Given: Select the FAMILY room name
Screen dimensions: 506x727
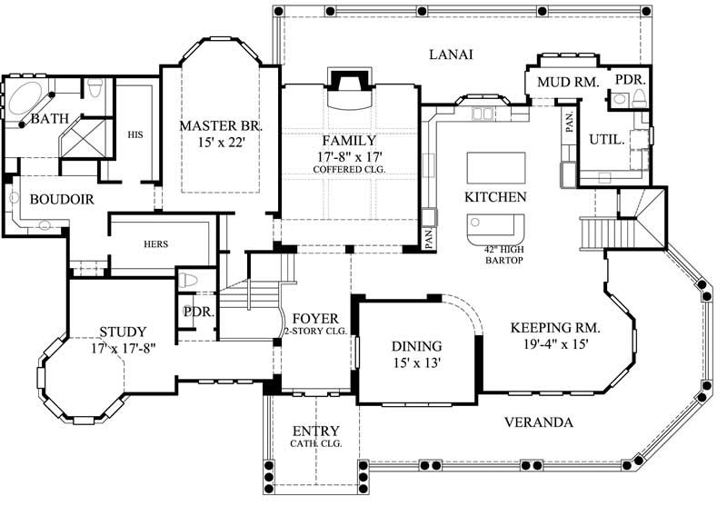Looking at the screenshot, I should [348, 141].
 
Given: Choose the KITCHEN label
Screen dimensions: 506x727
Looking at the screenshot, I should [495, 197].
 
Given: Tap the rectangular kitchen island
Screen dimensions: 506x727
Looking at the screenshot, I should [495, 167].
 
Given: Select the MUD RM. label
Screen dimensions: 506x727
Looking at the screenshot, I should [567, 83].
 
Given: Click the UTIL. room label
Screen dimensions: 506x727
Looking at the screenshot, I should [606, 140].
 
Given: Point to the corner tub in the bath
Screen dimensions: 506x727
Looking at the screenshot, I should [27, 97].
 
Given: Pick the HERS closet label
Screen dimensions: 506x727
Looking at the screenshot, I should [156, 244].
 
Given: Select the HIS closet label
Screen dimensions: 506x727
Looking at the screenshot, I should [134, 134].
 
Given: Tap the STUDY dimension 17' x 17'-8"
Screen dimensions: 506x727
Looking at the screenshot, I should [123, 347].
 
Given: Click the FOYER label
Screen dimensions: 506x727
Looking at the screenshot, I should [315, 320].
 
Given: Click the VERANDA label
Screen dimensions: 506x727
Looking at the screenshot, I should [538, 422].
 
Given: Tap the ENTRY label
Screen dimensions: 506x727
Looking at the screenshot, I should [315, 431].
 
